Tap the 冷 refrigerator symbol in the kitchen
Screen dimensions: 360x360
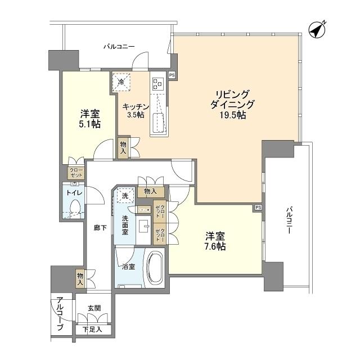122,82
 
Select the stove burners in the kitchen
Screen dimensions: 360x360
157,84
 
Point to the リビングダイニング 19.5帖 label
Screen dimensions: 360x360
233,105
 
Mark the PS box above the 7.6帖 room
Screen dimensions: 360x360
258,207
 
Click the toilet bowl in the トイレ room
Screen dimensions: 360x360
75,208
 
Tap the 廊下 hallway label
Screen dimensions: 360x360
100,227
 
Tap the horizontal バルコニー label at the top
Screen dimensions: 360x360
118,47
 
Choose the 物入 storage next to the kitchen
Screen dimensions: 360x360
124,147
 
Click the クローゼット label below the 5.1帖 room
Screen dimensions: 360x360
75,173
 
